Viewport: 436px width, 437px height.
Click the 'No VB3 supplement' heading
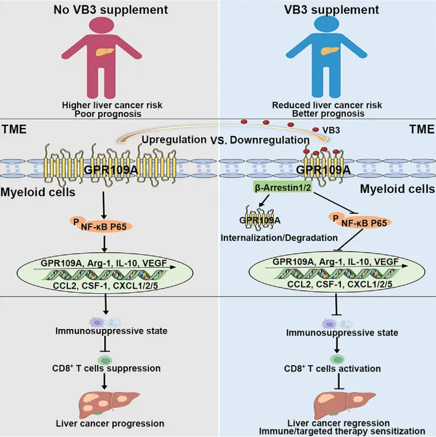(110, 10)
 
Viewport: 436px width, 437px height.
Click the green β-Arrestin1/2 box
(283, 188)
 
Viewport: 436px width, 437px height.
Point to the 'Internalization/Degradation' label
(279, 238)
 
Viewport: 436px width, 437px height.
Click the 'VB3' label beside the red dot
(331, 130)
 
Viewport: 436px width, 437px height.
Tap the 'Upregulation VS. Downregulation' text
(226, 140)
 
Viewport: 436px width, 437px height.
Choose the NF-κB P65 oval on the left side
(101, 224)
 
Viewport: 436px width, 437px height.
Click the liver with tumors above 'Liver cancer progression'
(109, 404)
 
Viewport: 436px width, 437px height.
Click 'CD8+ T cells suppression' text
(106, 368)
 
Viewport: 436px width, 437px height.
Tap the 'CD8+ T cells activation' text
(333, 369)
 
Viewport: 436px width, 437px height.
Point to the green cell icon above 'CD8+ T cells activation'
(337, 359)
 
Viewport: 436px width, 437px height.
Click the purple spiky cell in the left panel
(97, 322)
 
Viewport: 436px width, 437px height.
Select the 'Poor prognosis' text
(108, 114)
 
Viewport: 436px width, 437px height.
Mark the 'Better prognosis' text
(328, 114)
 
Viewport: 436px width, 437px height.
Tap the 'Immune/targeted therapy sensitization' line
(342, 431)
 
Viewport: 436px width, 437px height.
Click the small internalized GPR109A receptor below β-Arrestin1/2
(259, 217)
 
